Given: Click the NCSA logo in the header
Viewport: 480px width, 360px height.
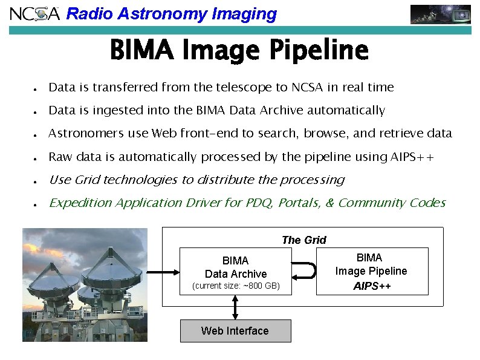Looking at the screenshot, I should pyautogui.click(x=35, y=13).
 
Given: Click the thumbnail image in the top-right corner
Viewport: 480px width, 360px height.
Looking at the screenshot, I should pyautogui.click(x=440, y=14).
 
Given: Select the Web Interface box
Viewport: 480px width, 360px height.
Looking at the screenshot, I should pyautogui.click(x=235, y=331).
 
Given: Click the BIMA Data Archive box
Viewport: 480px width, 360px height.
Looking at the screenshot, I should pyautogui.click(x=235, y=267).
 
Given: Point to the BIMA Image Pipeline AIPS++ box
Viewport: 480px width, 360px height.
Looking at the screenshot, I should pyautogui.click(x=371, y=272).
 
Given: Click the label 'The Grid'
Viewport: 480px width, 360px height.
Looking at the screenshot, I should pyautogui.click(x=303, y=240).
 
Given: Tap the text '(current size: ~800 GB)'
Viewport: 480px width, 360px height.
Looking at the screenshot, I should pyautogui.click(x=235, y=286).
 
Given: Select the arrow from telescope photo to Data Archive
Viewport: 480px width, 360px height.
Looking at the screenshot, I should pyautogui.click(x=163, y=272).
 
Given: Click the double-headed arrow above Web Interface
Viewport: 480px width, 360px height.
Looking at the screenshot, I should pyautogui.click(x=235, y=307).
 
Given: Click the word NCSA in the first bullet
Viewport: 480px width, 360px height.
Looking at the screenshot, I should pyautogui.click(x=308, y=88).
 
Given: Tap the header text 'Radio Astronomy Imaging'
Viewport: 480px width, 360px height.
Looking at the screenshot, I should pyautogui.click(x=171, y=14).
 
